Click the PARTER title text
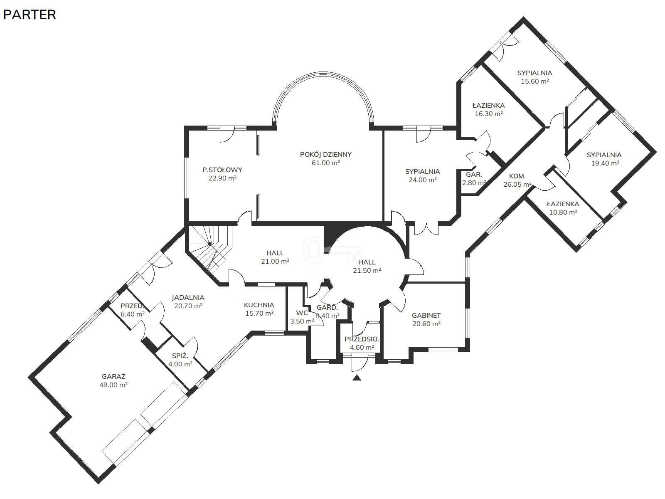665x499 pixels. pyautogui.click(x=30, y=15)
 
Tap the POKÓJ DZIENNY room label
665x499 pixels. pyautogui.click(x=326, y=154)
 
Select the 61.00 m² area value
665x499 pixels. pyautogui.click(x=326, y=163)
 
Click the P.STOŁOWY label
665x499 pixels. pyautogui.click(x=222, y=170)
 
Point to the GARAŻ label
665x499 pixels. pyautogui.click(x=113, y=376)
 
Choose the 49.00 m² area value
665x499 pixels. pyautogui.click(x=113, y=385)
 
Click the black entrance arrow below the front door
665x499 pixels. pyautogui.click(x=357, y=378)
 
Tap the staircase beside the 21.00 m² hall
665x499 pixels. pyautogui.click(x=209, y=248)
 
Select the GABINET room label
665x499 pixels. pyautogui.click(x=426, y=315)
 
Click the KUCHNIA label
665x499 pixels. pyautogui.click(x=259, y=305)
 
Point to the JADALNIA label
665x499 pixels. pyautogui.click(x=188, y=297)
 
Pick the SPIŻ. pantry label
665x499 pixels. pyautogui.click(x=180, y=356)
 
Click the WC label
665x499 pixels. pyautogui.click(x=302, y=313)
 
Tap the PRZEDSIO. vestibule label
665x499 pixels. pyautogui.click(x=362, y=339)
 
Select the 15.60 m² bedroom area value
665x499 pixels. pyautogui.click(x=535, y=81)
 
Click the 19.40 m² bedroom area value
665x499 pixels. pyautogui.click(x=605, y=163)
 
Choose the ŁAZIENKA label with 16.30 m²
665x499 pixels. pyautogui.click(x=488, y=106)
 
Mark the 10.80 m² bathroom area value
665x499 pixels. pyautogui.click(x=563, y=212)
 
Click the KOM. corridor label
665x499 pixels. pyautogui.click(x=517, y=176)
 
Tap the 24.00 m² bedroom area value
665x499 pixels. pyautogui.click(x=423, y=180)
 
